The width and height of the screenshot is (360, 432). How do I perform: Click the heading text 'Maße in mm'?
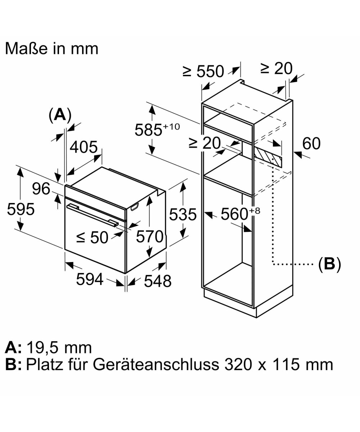(x=51, y=49)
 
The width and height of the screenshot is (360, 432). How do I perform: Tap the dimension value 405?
(x=84, y=147)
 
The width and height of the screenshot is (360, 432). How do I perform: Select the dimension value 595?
(x=21, y=209)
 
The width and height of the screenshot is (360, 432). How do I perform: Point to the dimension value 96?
(x=41, y=188)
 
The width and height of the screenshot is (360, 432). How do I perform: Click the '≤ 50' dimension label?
(x=92, y=237)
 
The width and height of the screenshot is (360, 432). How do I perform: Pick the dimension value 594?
(x=90, y=279)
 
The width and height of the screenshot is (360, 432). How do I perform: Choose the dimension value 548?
(x=158, y=281)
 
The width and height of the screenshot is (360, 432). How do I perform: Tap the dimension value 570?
(x=149, y=237)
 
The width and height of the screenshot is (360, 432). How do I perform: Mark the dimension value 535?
(x=183, y=215)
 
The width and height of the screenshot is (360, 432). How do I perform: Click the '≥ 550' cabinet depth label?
(x=203, y=72)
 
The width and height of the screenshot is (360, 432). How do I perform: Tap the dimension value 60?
(x=311, y=143)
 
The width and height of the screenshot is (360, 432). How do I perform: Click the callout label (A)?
(x=60, y=115)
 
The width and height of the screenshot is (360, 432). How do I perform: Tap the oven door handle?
(x=92, y=215)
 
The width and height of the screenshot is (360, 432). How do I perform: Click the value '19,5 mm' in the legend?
(x=59, y=347)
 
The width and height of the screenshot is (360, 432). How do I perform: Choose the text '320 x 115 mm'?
(x=279, y=364)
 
